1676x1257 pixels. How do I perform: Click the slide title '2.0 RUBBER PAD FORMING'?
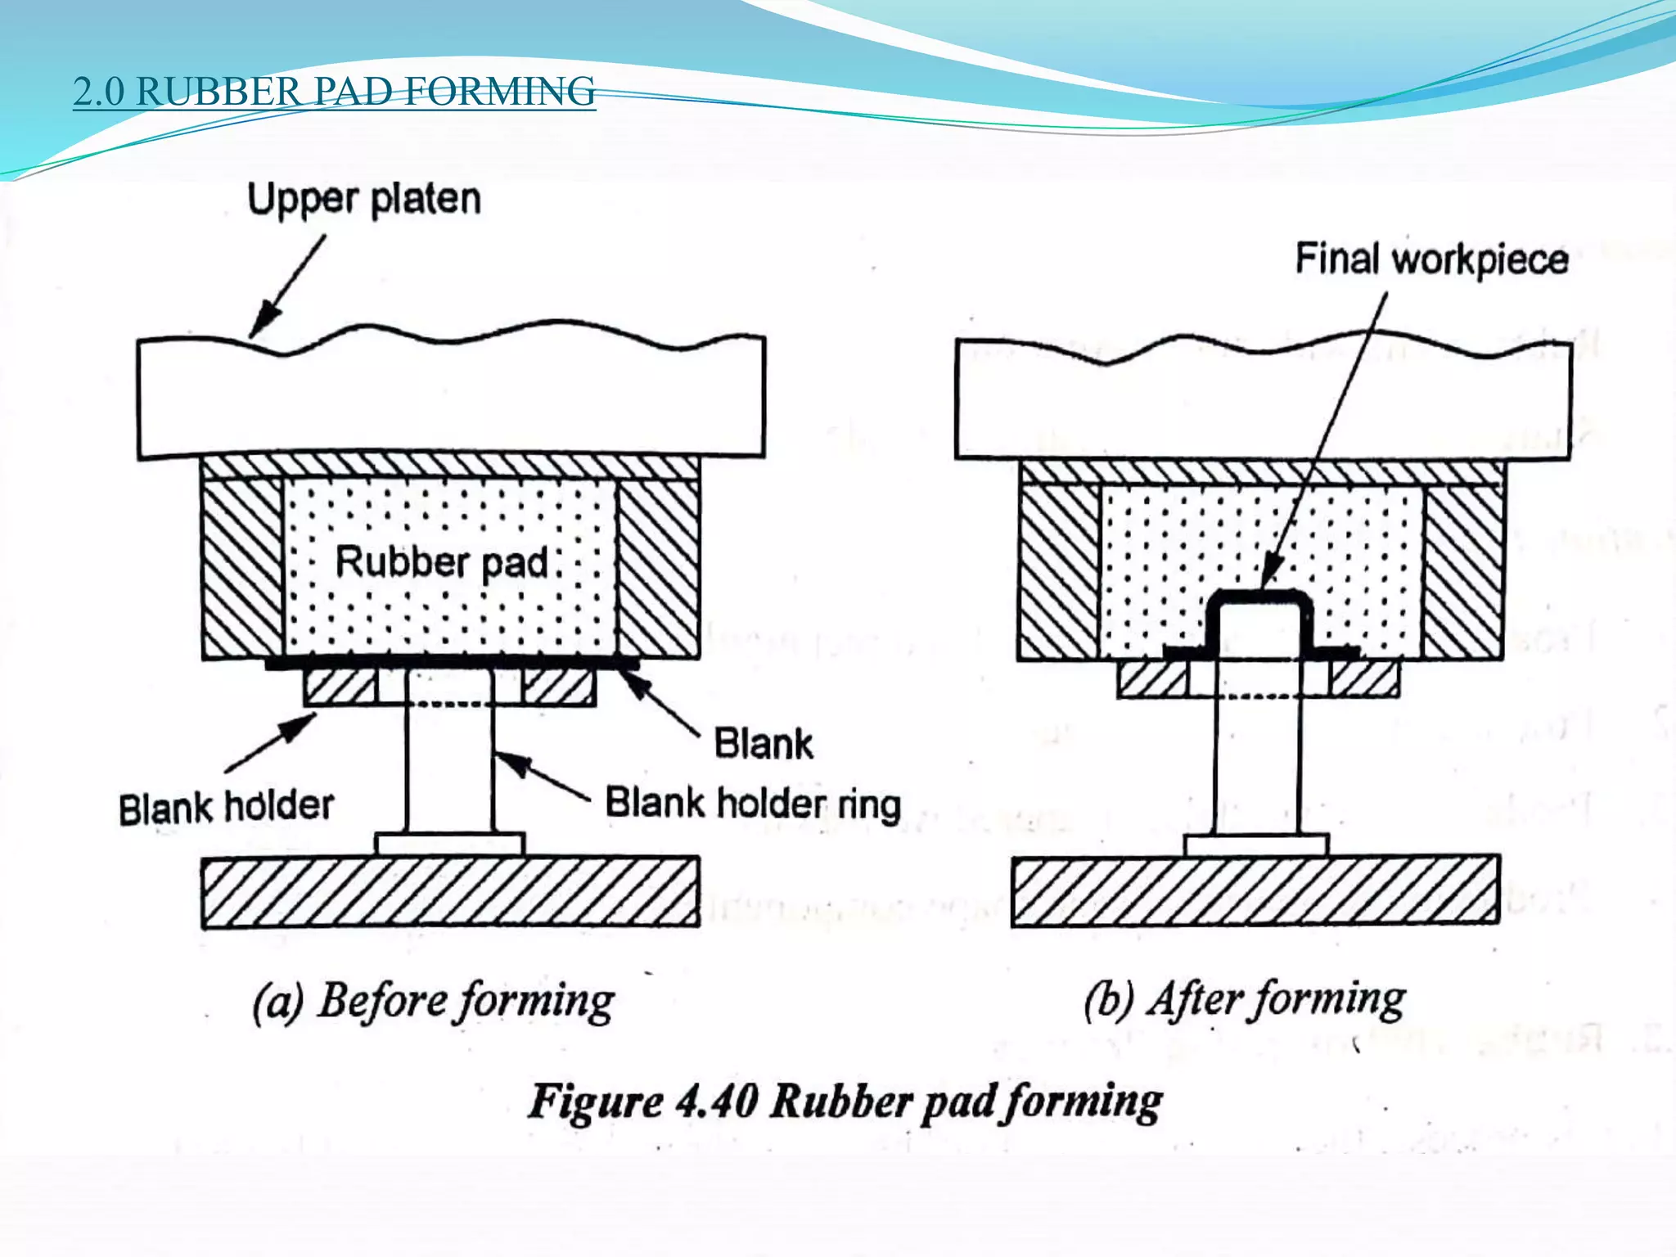[x=334, y=92]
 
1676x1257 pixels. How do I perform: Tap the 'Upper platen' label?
[x=364, y=200]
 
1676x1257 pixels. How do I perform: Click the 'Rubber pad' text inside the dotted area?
[x=442, y=563]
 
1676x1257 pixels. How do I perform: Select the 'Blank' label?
[x=764, y=744]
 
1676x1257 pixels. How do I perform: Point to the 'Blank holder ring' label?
[x=753, y=804]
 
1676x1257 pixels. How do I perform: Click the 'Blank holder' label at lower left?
[x=227, y=807]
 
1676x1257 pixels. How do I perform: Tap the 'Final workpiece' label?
[x=1431, y=259]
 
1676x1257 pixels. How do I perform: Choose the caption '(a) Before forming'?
[x=434, y=1001]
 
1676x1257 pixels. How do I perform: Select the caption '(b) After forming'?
[x=1245, y=999]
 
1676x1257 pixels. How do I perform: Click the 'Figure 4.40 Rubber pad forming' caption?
[x=845, y=1102]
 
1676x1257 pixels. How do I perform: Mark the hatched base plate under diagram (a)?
[x=451, y=892]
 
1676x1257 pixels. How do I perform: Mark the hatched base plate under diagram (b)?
[x=1255, y=890]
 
